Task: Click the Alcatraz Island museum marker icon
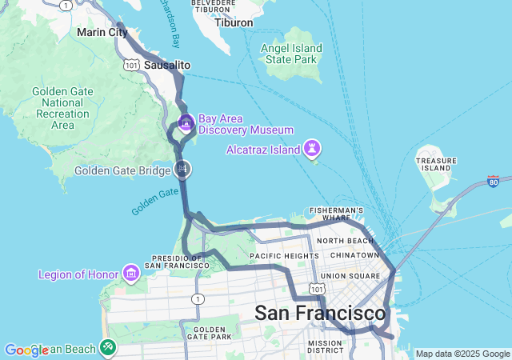click(312, 149)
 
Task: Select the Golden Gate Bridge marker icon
click(183, 169)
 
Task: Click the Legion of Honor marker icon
click(130, 274)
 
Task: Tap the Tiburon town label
click(234, 22)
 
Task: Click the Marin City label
click(102, 33)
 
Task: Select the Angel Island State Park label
click(291, 54)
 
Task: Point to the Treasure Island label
click(436, 164)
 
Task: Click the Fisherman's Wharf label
click(338, 214)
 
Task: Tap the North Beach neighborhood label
click(345, 240)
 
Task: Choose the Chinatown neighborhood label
click(354, 255)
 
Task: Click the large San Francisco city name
click(319, 313)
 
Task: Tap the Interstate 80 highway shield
click(494, 182)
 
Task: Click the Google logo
click(26, 350)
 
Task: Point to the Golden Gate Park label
click(210, 334)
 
